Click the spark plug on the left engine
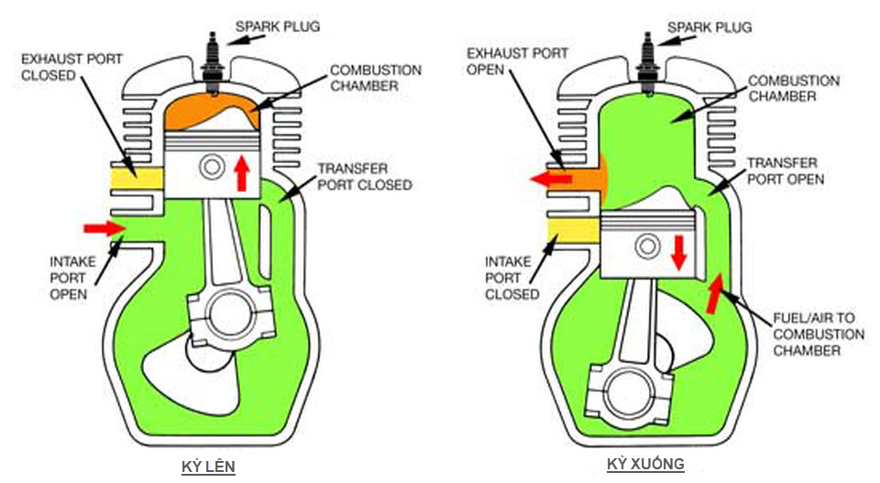214,64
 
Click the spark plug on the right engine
646,64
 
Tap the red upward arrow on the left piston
242,173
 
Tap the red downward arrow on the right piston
679,252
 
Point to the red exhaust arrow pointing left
551,179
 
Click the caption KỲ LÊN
208,467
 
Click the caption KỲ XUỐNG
645,464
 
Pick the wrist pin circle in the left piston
212,167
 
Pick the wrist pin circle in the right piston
647,247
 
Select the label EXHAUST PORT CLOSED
71,67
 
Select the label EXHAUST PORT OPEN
517,61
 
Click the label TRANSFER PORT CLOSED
365,177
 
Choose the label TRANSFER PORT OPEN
786,171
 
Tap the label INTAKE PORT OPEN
72,278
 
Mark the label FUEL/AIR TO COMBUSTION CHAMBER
819,335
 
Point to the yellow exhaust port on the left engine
137,179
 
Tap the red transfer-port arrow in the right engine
714,293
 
